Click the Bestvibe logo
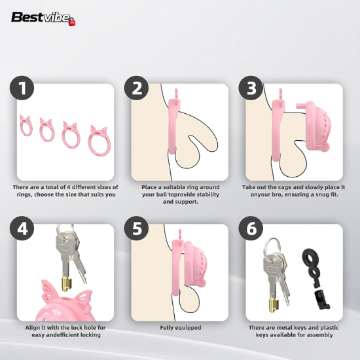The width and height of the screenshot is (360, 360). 43,18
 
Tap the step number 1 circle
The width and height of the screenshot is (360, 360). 22,88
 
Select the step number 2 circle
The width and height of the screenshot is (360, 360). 136,88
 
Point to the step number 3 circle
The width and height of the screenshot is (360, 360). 251,88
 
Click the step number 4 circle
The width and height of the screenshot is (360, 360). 22,228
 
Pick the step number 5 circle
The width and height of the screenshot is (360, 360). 136,228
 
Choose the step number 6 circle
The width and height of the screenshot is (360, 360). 251,228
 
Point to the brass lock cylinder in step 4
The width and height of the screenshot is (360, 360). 66,284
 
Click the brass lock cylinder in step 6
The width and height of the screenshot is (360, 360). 274,306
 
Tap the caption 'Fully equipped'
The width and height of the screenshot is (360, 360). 181,328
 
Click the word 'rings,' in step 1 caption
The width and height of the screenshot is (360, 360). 24,194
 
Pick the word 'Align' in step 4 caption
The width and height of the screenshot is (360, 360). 33,328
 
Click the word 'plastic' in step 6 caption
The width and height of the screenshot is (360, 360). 329,328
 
